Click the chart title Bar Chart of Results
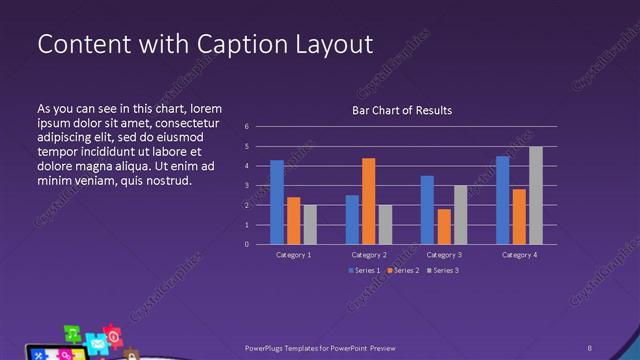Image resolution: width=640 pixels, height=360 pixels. tap(401, 109)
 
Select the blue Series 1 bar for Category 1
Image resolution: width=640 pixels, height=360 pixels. tap(277, 202)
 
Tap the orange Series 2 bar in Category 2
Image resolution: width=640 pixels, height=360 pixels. tap(368, 201)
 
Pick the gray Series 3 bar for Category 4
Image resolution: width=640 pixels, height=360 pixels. tap(536, 195)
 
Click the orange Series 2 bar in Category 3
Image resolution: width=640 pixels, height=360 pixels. tap(443, 226)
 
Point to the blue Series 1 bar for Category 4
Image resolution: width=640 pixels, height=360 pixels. tap(502, 200)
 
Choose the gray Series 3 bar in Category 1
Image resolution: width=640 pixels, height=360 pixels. tap(310, 224)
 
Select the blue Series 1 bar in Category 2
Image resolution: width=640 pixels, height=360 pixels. tap(352, 219)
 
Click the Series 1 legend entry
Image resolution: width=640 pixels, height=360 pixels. tap(364, 271)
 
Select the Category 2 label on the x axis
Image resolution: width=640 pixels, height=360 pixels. tap(368, 255)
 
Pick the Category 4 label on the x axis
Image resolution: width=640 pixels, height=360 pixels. tap(518, 255)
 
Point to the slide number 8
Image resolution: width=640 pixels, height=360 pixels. tap(590, 347)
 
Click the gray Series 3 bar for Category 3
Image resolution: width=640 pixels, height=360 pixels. tap(460, 214)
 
